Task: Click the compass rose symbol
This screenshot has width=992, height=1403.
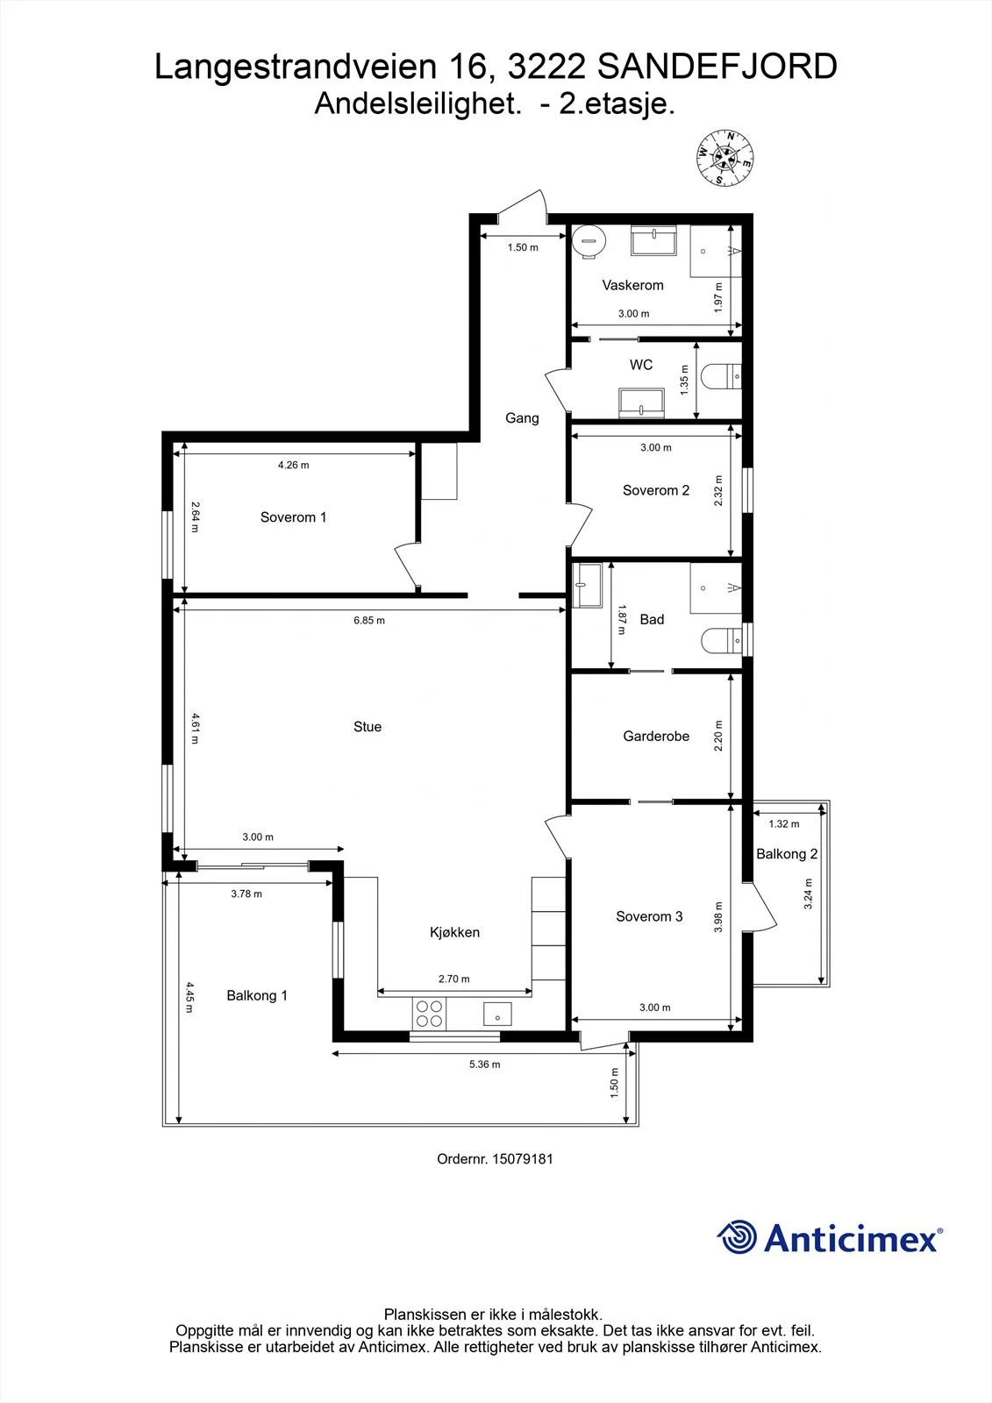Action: [724, 158]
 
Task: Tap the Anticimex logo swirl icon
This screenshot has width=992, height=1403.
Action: [737, 1236]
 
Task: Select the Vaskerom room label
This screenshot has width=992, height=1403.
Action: [632, 286]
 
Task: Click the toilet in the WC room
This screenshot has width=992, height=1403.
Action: [721, 377]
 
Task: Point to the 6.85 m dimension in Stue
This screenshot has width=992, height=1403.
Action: [369, 620]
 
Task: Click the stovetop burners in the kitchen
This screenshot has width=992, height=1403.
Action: [429, 1014]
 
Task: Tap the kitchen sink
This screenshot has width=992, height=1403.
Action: [497, 1014]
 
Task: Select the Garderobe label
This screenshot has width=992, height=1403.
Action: [655, 737]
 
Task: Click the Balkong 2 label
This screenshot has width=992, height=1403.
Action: [787, 854]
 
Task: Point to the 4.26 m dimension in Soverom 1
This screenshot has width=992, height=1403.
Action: [293, 465]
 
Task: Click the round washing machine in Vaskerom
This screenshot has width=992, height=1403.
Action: [589, 241]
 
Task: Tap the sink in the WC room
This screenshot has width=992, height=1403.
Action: [641, 402]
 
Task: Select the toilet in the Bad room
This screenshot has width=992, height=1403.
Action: [721, 641]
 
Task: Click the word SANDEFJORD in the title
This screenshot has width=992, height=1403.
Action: [717, 67]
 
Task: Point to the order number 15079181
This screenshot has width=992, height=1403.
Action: [523, 1158]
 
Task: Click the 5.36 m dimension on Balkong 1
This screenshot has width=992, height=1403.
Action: [484, 1065]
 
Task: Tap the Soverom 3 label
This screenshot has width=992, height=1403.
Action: [648, 917]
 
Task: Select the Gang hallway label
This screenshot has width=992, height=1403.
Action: [522, 418]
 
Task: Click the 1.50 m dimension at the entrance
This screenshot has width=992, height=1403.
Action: [523, 247]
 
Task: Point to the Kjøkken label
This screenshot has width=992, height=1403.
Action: [454, 932]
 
